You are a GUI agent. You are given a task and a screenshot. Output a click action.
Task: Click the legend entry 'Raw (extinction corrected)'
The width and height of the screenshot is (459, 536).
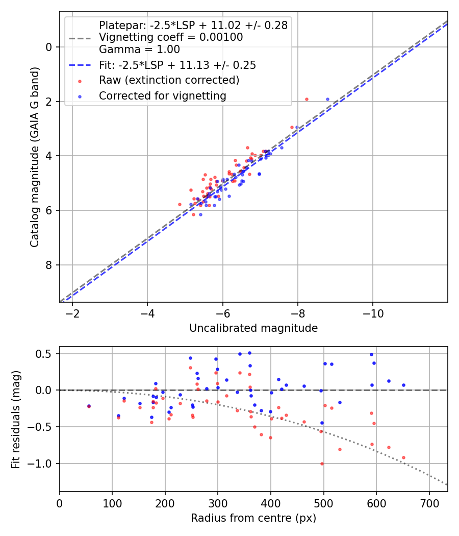click(x=169, y=80)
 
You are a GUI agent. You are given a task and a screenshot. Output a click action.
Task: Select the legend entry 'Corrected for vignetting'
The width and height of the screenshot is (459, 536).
click(x=162, y=95)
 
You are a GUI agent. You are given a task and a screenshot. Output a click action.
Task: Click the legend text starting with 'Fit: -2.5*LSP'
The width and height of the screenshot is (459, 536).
click(x=177, y=65)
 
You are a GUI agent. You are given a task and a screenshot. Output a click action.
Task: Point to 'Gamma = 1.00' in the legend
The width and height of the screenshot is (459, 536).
click(x=139, y=50)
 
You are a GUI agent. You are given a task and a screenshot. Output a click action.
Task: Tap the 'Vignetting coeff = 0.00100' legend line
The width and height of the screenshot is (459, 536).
click(x=171, y=37)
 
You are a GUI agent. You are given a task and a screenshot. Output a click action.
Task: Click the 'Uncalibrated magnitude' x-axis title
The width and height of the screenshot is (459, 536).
click(x=253, y=328)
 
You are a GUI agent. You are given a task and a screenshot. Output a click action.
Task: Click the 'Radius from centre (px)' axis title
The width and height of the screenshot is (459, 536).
click(x=253, y=518)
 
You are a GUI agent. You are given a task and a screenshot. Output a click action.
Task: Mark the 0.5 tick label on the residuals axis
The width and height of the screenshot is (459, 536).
click(x=46, y=354)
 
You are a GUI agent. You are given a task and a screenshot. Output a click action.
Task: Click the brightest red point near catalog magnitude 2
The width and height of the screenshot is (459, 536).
click(x=307, y=99)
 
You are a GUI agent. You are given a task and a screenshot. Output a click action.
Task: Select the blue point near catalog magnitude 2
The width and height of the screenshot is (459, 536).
click(x=327, y=99)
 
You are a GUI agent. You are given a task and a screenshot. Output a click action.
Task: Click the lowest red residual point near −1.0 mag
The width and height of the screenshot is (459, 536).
click(x=322, y=464)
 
